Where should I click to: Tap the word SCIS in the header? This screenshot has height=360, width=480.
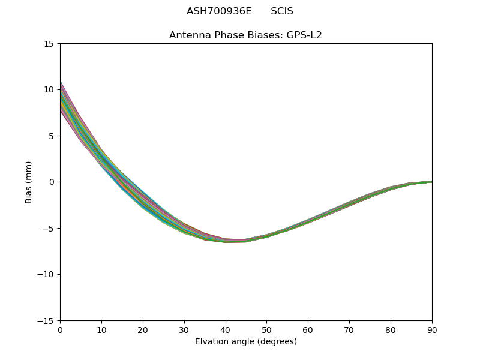pos(282,11)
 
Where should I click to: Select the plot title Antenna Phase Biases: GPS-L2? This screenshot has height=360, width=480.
pos(245,35)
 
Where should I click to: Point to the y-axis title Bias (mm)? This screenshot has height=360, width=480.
pos(29,182)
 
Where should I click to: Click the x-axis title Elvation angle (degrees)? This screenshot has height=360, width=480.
pos(246,342)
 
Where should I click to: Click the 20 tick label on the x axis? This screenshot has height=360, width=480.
pos(143,330)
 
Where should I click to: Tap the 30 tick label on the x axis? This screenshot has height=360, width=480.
pos(184,330)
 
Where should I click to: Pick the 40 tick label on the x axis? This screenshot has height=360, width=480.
pos(226,330)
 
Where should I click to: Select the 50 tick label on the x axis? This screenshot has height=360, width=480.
pos(266,330)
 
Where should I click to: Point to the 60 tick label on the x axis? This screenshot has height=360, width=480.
pos(308,330)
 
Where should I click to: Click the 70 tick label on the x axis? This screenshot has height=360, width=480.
pos(349,330)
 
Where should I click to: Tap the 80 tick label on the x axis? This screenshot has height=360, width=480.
pos(391,330)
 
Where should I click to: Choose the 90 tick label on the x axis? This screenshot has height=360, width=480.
pos(432,330)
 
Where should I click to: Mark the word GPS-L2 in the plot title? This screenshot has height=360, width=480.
pos(305,35)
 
